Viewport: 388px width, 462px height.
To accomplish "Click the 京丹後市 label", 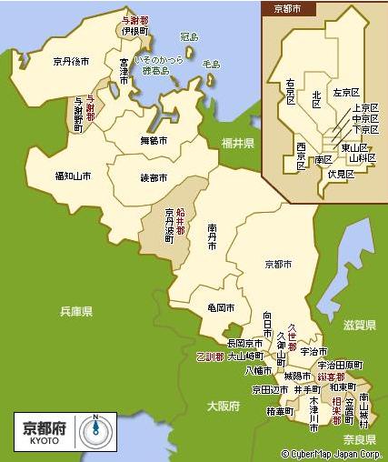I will (71, 62).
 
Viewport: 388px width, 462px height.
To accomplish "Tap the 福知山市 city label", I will (73, 176).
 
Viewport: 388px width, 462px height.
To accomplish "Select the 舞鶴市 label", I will (154, 141).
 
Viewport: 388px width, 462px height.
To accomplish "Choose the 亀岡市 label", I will (221, 307).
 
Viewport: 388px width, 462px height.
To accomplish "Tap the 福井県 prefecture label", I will (238, 144).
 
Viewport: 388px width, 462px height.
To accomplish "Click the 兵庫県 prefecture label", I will (76, 311).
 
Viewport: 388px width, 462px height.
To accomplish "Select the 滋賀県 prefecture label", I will (360, 324).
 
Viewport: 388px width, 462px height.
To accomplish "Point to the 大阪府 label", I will (222, 405).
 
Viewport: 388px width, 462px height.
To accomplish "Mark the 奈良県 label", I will (360, 439).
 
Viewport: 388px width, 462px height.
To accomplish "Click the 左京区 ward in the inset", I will (347, 93).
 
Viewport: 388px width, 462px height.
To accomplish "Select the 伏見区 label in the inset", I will (341, 173).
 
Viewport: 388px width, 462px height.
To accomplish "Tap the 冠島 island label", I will (188, 37).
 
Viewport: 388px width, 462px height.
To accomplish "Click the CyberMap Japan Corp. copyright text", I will (333, 454).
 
